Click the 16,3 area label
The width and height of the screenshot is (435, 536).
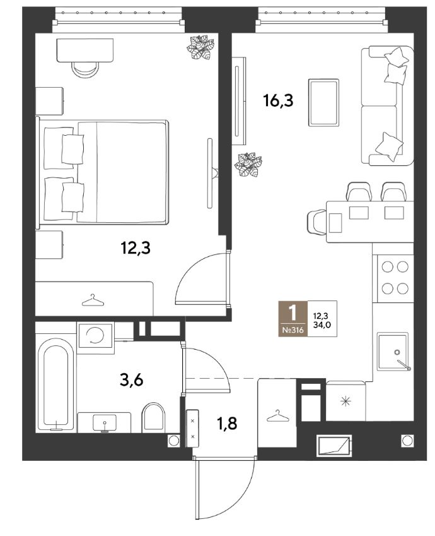(278, 101)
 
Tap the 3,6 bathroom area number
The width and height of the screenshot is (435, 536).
(132, 380)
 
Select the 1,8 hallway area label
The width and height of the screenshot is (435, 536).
(227, 424)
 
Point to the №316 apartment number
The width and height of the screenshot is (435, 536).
(293, 331)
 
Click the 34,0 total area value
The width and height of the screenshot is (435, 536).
(322, 325)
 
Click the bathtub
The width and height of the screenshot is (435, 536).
(55, 384)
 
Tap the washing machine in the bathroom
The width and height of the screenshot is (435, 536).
(96, 335)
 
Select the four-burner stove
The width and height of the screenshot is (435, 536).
(395, 278)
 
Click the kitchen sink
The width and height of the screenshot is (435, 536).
(393, 352)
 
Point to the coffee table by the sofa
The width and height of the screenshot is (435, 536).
(323, 102)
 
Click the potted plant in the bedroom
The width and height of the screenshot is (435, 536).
(200, 47)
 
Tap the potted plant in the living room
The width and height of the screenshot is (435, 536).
(248, 165)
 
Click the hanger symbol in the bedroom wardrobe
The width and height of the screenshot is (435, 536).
(93, 301)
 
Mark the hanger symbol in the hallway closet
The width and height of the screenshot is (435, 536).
(278, 416)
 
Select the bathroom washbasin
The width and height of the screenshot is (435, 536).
(105, 422)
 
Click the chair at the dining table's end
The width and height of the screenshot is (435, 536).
(316, 222)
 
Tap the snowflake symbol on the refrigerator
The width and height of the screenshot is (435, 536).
(346, 401)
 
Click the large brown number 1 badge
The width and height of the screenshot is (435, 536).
(293, 319)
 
